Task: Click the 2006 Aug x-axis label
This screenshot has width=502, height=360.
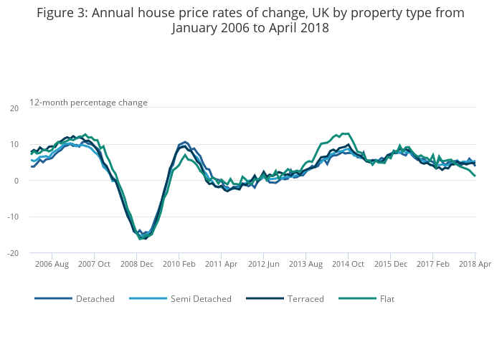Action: [x=52, y=264]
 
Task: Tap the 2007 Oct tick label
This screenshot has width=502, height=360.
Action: [x=95, y=264]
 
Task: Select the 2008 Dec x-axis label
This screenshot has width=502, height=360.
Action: [x=137, y=264]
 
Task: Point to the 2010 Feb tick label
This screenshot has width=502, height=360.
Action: [x=179, y=264]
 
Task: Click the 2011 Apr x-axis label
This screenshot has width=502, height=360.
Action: [x=221, y=264]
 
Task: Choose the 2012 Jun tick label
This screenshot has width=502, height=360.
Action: [x=263, y=264]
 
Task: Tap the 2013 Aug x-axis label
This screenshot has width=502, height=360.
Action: [x=306, y=264]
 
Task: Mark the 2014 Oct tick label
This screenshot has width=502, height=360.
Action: [x=348, y=264]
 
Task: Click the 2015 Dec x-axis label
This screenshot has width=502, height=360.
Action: [x=389, y=264]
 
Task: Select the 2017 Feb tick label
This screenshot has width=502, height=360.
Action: [x=432, y=264]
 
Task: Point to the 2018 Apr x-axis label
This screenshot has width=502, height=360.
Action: [x=474, y=264]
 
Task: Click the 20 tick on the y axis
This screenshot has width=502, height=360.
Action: [x=14, y=108]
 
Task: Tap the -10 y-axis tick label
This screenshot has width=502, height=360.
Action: [x=13, y=217]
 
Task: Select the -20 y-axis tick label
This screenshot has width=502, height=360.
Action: [x=13, y=253]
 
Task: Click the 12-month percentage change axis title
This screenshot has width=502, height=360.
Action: [x=88, y=103]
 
